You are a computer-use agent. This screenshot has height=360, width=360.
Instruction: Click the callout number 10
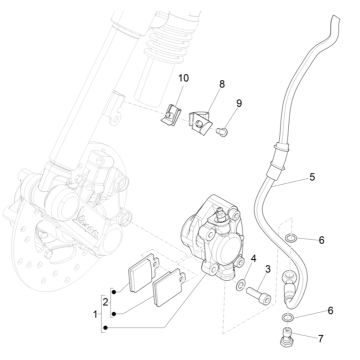click(x=184, y=78)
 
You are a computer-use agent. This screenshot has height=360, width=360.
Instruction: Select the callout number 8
click(x=222, y=84)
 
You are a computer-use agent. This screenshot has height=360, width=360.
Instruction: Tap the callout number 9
click(x=239, y=103)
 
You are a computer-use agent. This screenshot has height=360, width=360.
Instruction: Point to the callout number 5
click(x=312, y=177)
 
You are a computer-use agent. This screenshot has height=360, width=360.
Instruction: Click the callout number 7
click(x=321, y=339)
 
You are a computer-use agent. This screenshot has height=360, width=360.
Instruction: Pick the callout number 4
click(x=254, y=258)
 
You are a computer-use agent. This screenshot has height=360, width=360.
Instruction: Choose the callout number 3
click(x=268, y=269)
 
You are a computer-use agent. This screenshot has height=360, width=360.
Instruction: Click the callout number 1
click(x=96, y=314)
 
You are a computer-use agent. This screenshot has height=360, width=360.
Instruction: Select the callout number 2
click(x=106, y=302)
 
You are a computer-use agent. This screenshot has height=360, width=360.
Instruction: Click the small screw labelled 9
click(x=222, y=132)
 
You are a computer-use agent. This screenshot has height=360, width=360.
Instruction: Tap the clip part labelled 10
click(x=171, y=115)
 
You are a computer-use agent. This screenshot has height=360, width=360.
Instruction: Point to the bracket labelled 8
click(x=201, y=122)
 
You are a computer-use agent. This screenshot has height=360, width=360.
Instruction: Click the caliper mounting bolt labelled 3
click(x=259, y=296)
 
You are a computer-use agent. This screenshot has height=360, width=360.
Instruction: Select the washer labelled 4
click(x=240, y=285)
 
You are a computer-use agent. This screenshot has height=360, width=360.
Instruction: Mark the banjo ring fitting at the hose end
click(x=288, y=276)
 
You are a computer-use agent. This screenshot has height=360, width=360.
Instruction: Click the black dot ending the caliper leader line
click(x=105, y=328)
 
